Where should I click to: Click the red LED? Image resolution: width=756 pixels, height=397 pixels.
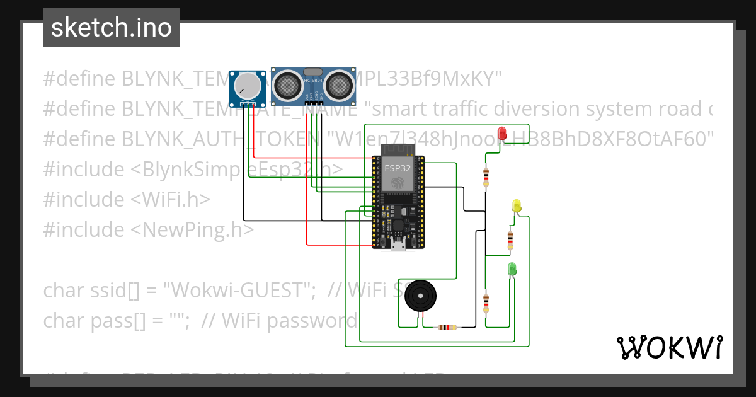click(502, 133)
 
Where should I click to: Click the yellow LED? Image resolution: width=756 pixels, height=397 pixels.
click(517, 205)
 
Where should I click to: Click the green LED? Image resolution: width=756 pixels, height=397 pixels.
click(512, 269)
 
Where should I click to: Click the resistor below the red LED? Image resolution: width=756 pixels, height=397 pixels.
click(486, 177)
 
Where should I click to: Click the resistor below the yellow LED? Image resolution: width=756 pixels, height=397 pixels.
click(510, 239)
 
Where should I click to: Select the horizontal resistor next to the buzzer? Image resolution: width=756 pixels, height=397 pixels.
click(447, 327)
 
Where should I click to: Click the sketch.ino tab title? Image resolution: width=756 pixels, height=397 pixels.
click(111, 28)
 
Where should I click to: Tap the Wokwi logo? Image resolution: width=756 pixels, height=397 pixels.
click(669, 347)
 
